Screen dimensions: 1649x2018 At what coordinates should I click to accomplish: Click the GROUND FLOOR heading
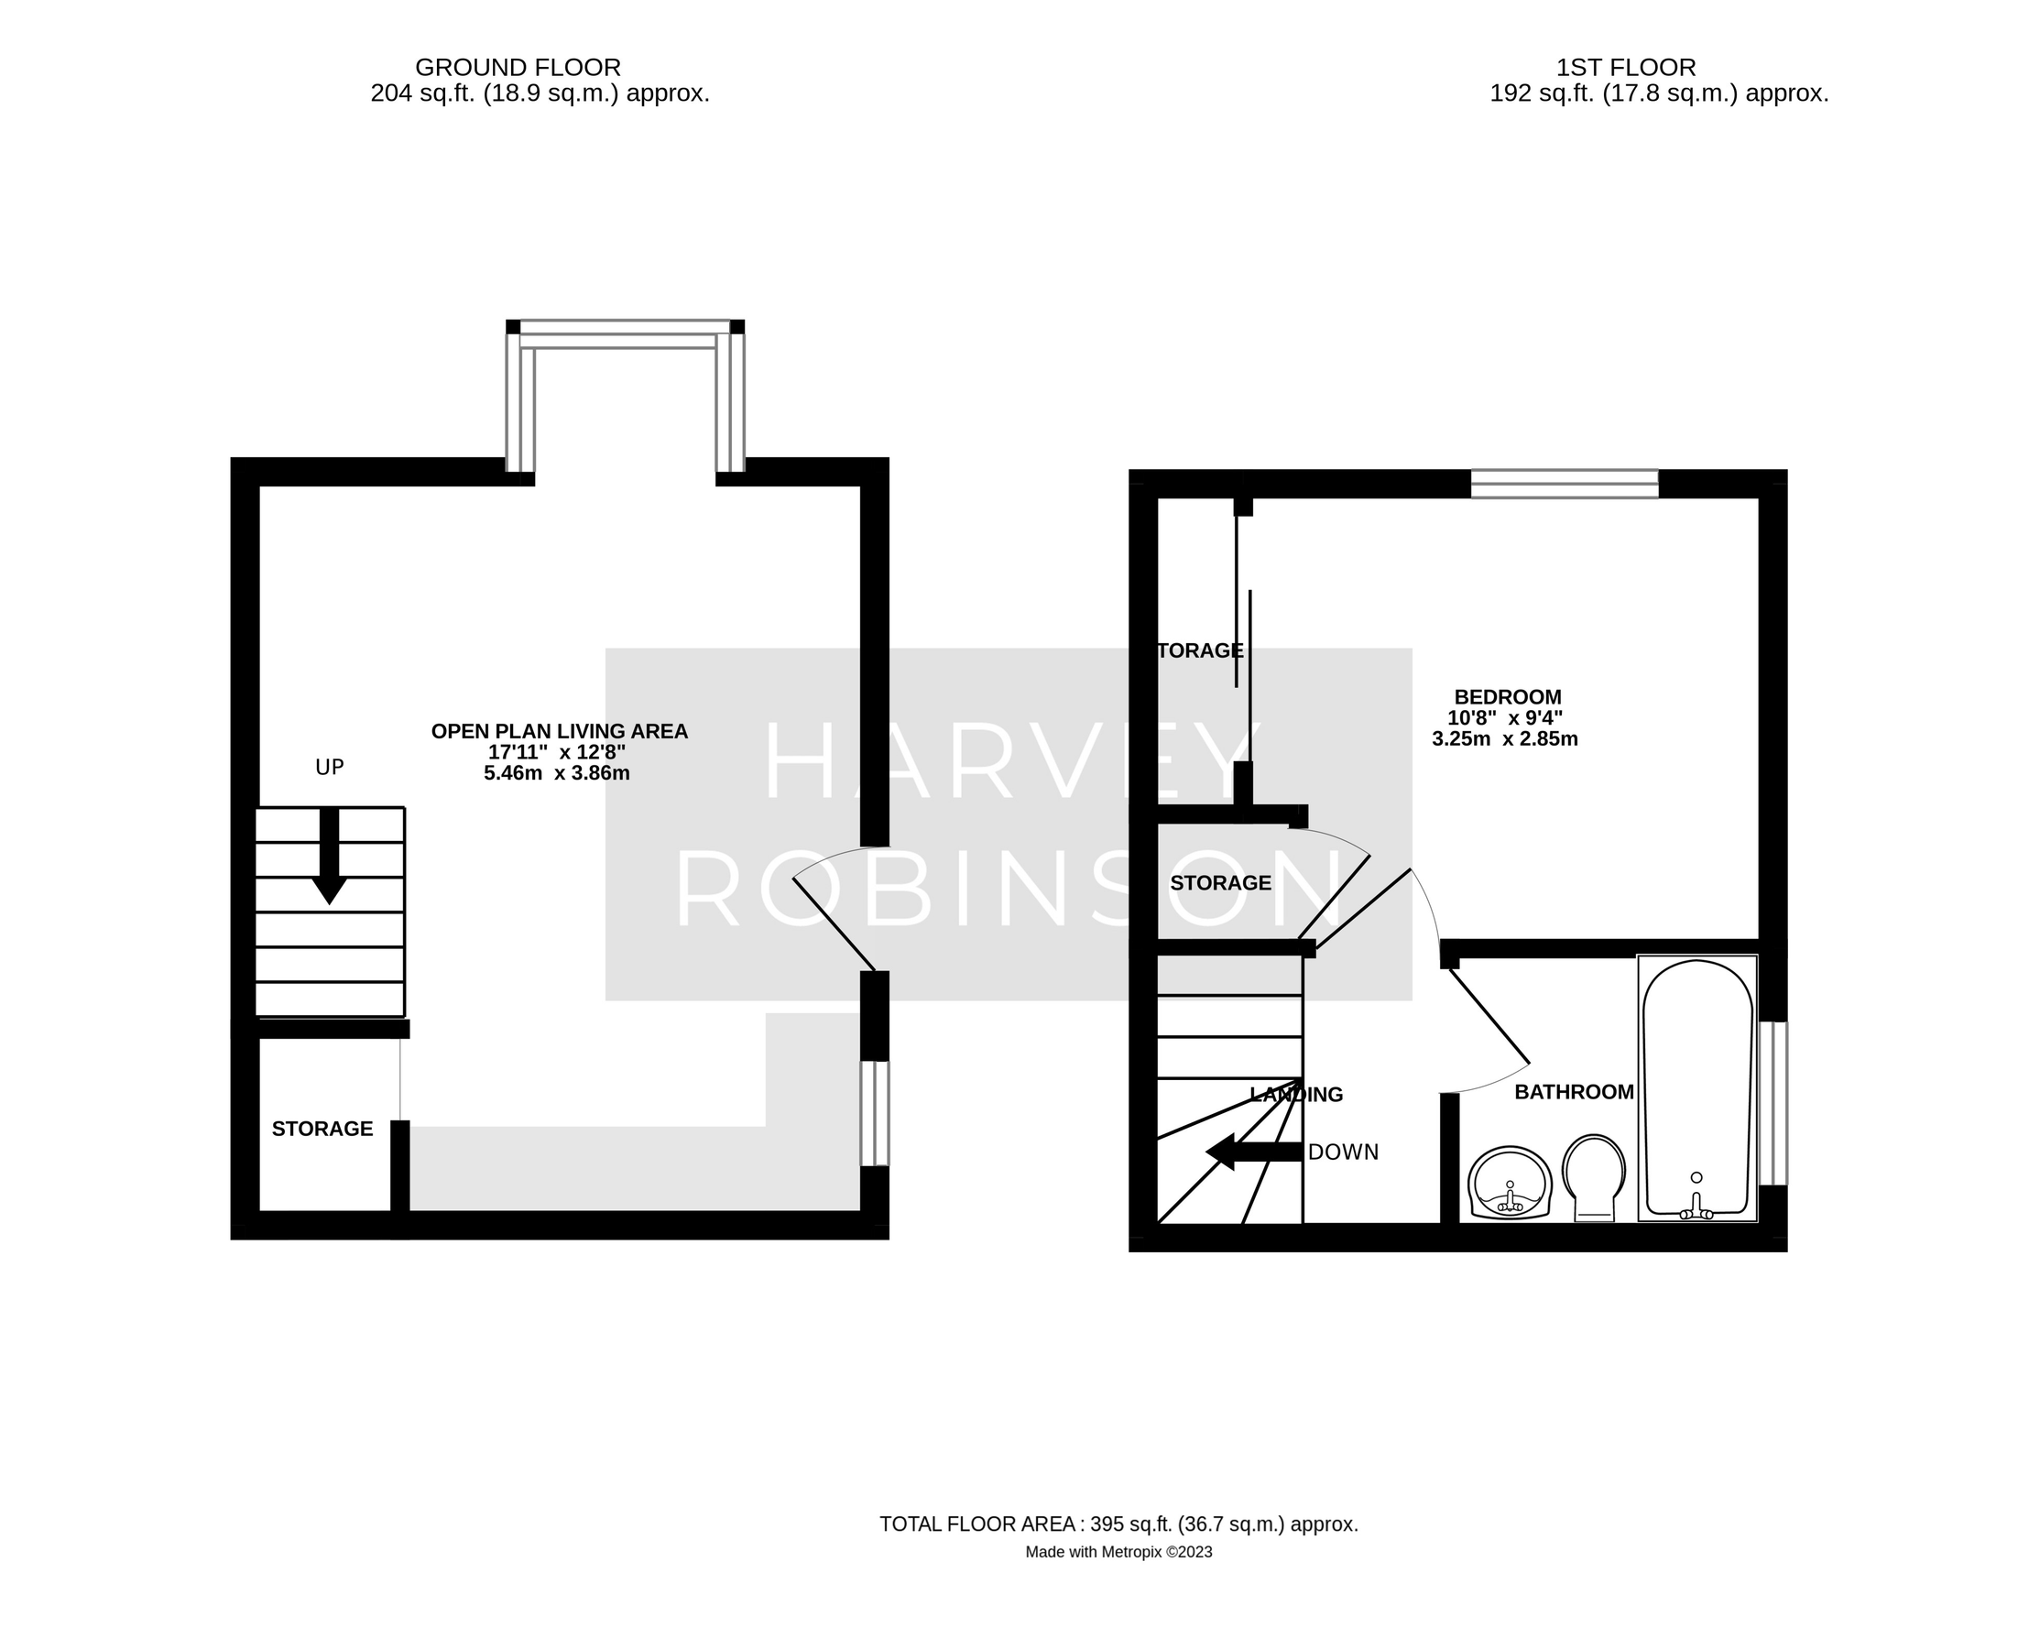(x=518, y=68)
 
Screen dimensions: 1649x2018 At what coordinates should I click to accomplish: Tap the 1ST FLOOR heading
(x=1625, y=68)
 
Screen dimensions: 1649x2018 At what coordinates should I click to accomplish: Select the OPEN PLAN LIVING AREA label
(x=559, y=731)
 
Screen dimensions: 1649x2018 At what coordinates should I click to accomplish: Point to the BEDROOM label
(x=1507, y=697)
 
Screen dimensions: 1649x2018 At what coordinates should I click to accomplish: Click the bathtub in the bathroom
(x=1696, y=1087)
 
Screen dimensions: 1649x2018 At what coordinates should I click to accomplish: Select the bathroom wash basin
(x=1509, y=1183)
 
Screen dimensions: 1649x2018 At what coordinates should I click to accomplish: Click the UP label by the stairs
(x=330, y=768)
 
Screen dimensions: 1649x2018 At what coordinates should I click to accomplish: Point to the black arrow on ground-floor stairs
(x=330, y=855)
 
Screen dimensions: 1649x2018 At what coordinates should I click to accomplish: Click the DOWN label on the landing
(x=1343, y=1152)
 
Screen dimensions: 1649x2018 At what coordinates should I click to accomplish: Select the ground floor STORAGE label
(x=322, y=1129)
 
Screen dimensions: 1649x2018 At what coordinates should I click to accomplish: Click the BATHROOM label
(x=1574, y=1092)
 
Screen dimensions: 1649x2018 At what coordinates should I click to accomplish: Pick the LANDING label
(x=1296, y=1094)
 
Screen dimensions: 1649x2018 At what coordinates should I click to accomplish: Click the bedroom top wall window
(x=1563, y=484)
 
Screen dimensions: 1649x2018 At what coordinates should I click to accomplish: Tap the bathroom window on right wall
(x=1773, y=1103)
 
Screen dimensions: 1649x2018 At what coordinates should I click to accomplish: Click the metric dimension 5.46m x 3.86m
(x=557, y=773)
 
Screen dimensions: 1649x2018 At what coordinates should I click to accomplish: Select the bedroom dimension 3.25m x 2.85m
(x=1504, y=739)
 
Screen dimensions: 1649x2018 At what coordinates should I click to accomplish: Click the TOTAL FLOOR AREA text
(x=1118, y=1524)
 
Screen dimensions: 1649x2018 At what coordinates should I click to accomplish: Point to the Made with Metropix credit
(x=1118, y=1552)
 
